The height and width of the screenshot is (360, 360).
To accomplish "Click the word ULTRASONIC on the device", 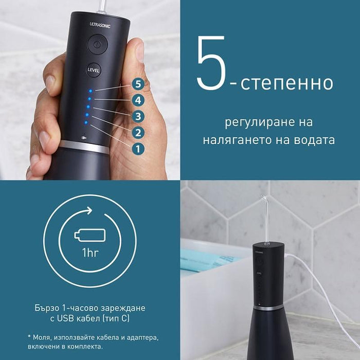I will pyautogui.click(x=100, y=24).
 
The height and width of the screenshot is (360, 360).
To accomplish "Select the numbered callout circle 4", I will pyautogui.click(x=137, y=100).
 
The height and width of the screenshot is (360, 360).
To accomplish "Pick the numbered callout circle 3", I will pyautogui.click(x=137, y=116).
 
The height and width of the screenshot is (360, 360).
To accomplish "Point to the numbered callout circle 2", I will pyautogui.click(x=137, y=133).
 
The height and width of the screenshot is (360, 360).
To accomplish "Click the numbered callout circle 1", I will pyautogui.click(x=137, y=149).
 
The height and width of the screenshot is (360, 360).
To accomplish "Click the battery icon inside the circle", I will pyautogui.click(x=90, y=236).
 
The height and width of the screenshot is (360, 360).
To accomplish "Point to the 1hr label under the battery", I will pyautogui.click(x=90, y=254).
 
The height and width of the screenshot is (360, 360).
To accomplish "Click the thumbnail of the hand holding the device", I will pyautogui.click(x=89, y=89).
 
